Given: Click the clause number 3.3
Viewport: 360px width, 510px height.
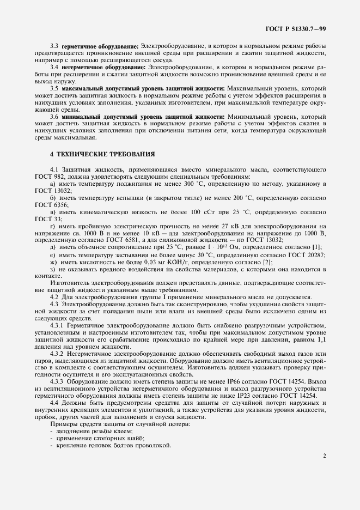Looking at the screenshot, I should pyautogui.click(x=54, y=46).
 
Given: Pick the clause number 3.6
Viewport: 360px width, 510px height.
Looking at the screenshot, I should pyautogui.click(x=54, y=117).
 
